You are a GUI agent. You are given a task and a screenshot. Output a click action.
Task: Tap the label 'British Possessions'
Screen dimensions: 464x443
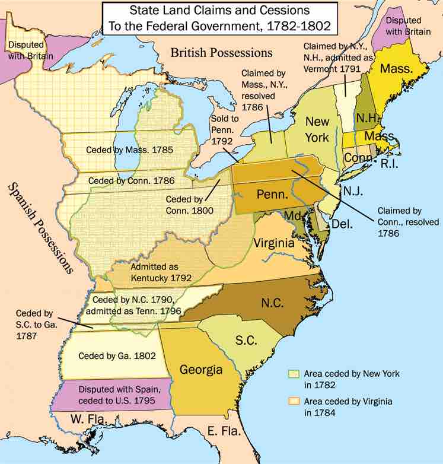[x=221, y=53]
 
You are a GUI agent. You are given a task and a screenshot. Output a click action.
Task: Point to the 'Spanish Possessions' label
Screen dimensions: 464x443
[x=40, y=228]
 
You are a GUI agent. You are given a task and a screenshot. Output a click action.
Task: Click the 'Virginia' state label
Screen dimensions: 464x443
[x=274, y=243]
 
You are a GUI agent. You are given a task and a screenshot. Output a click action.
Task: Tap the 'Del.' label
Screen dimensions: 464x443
[x=342, y=224]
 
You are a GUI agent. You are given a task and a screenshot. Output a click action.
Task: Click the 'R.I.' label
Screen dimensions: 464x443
[x=389, y=164]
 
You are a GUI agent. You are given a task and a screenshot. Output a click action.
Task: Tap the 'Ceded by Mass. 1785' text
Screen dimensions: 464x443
[x=129, y=150]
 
